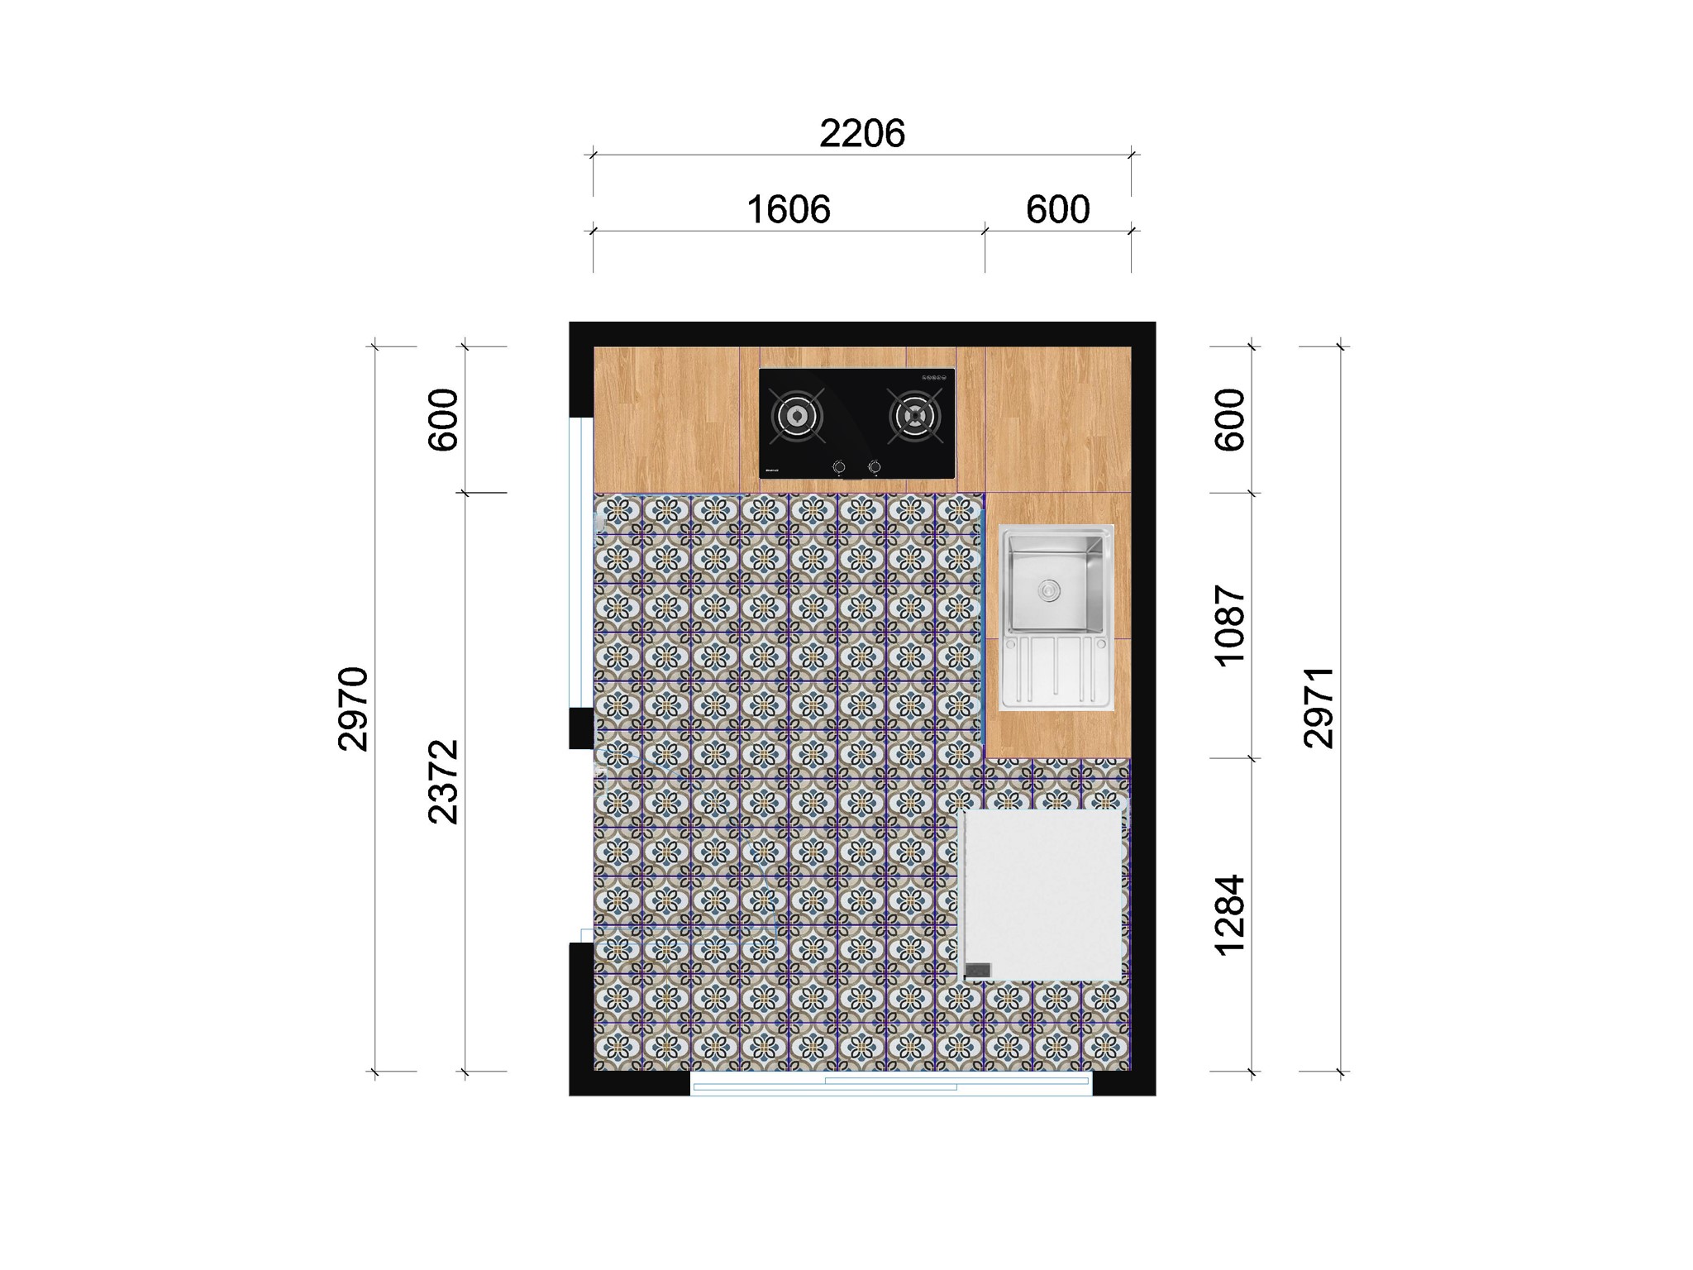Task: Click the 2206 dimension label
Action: [862, 133]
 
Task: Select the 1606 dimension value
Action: [788, 210]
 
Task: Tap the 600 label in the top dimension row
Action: [1057, 210]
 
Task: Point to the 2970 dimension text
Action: [354, 709]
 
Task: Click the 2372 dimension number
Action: [444, 781]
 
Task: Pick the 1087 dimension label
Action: [1230, 625]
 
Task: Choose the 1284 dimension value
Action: [1230, 914]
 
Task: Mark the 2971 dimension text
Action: [1319, 709]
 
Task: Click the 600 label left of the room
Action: [444, 419]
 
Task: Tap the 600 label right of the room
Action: [1230, 419]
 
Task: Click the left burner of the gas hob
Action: [798, 416]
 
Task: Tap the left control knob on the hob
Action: [839, 468]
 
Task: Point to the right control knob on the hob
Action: [874, 468]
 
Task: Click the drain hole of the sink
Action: [1049, 590]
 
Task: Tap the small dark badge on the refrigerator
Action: [978, 970]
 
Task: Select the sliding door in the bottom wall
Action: [891, 1083]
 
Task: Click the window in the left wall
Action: [581, 562]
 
